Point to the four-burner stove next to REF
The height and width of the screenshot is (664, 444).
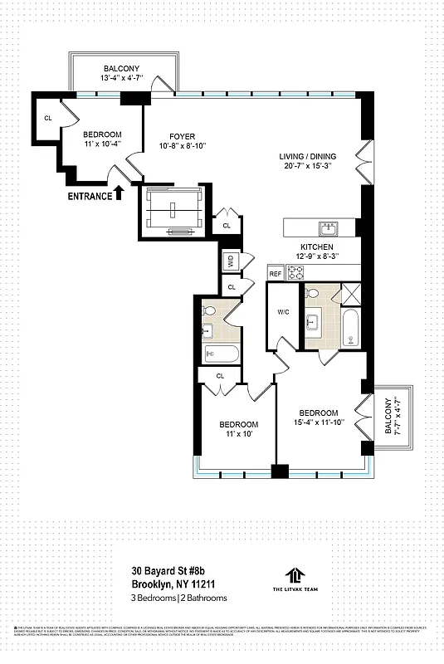pos(296,271)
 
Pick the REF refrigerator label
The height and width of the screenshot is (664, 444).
pos(275,272)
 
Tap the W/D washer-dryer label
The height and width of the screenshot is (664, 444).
pos(230,261)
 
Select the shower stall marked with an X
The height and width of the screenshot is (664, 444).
pos(351,294)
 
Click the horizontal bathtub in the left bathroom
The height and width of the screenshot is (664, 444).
pos(221,355)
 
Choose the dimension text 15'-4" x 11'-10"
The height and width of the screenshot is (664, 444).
pos(319,423)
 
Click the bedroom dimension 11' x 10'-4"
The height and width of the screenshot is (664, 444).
pos(103,144)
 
